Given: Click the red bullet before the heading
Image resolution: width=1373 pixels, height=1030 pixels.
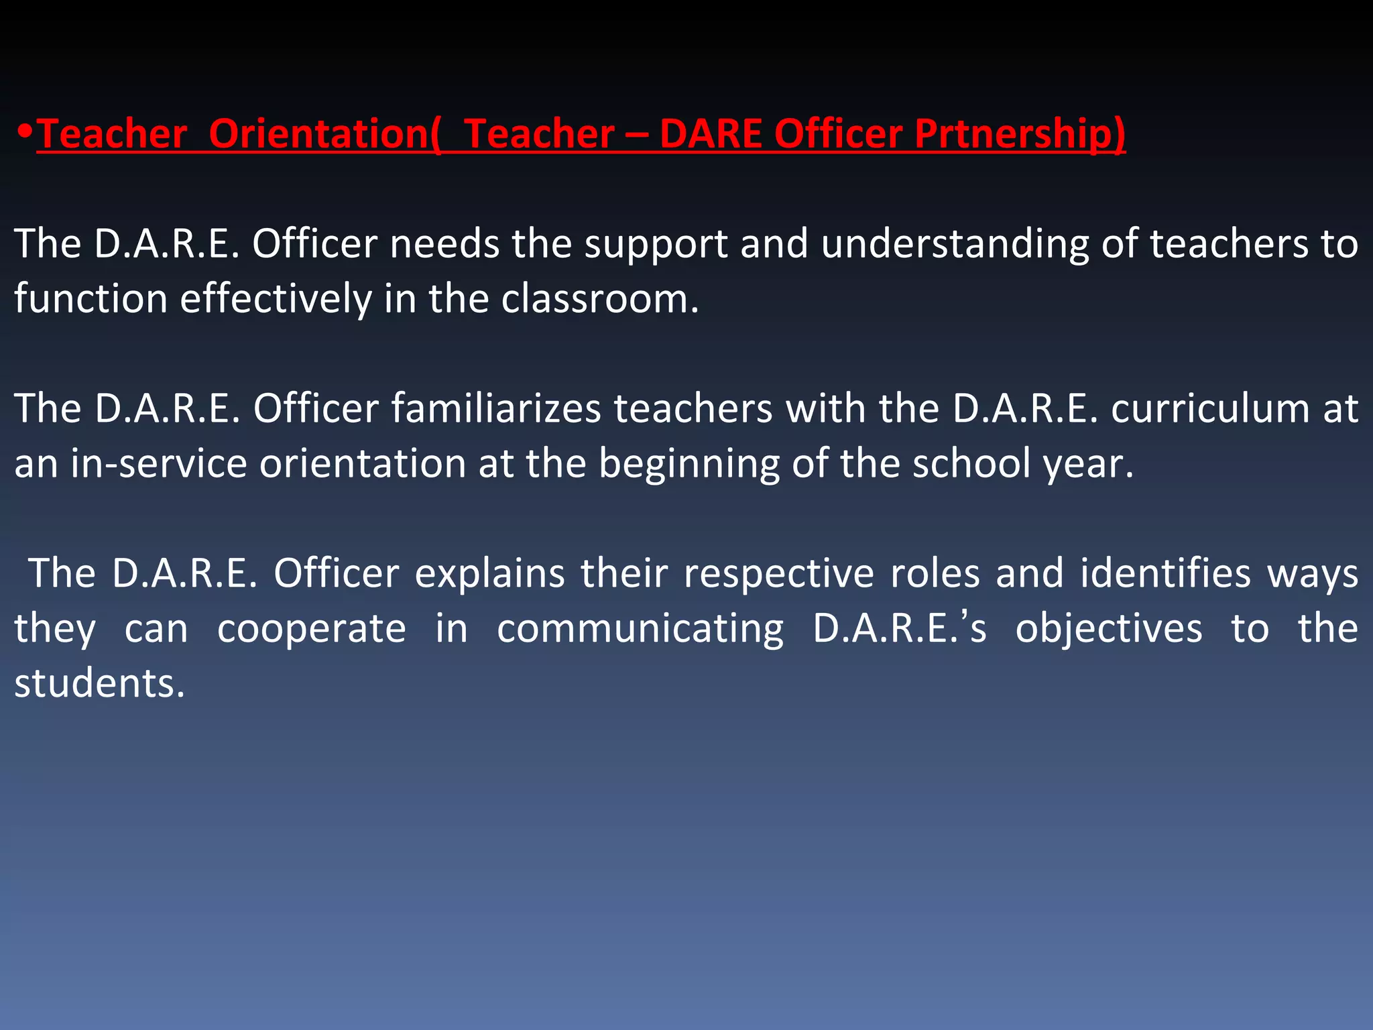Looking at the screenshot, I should [x=25, y=129].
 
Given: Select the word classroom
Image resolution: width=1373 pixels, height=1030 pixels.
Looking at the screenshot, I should [x=599, y=299].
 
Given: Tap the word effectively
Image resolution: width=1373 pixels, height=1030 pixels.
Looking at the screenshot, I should [x=276, y=299].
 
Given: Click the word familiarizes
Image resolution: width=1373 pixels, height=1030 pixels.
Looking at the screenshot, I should [x=496, y=408].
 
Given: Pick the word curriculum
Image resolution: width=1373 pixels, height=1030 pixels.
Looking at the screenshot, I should [x=1209, y=408].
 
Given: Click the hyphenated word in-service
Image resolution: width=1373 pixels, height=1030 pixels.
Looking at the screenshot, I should [x=159, y=464].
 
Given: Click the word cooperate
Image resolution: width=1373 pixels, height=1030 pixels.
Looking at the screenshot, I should [x=312, y=629].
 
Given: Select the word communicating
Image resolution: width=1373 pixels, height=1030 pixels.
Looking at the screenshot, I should [x=640, y=629].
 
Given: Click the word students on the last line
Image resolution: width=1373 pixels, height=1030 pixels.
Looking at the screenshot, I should [x=99, y=684].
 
